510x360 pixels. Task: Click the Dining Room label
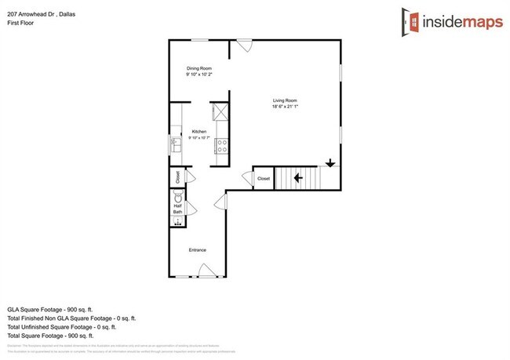point(199,69)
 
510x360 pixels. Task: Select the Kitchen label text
point(199,132)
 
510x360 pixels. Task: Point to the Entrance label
point(197,250)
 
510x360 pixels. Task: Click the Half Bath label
point(177,209)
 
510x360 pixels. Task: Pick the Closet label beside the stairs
point(263,179)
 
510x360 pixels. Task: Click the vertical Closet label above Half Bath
point(178,177)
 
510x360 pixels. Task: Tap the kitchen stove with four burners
point(221,145)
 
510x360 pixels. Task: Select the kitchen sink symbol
point(175,145)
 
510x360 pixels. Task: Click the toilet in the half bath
point(177,198)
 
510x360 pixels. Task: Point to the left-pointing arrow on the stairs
point(299,178)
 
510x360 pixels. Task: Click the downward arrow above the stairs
point(330,163)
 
